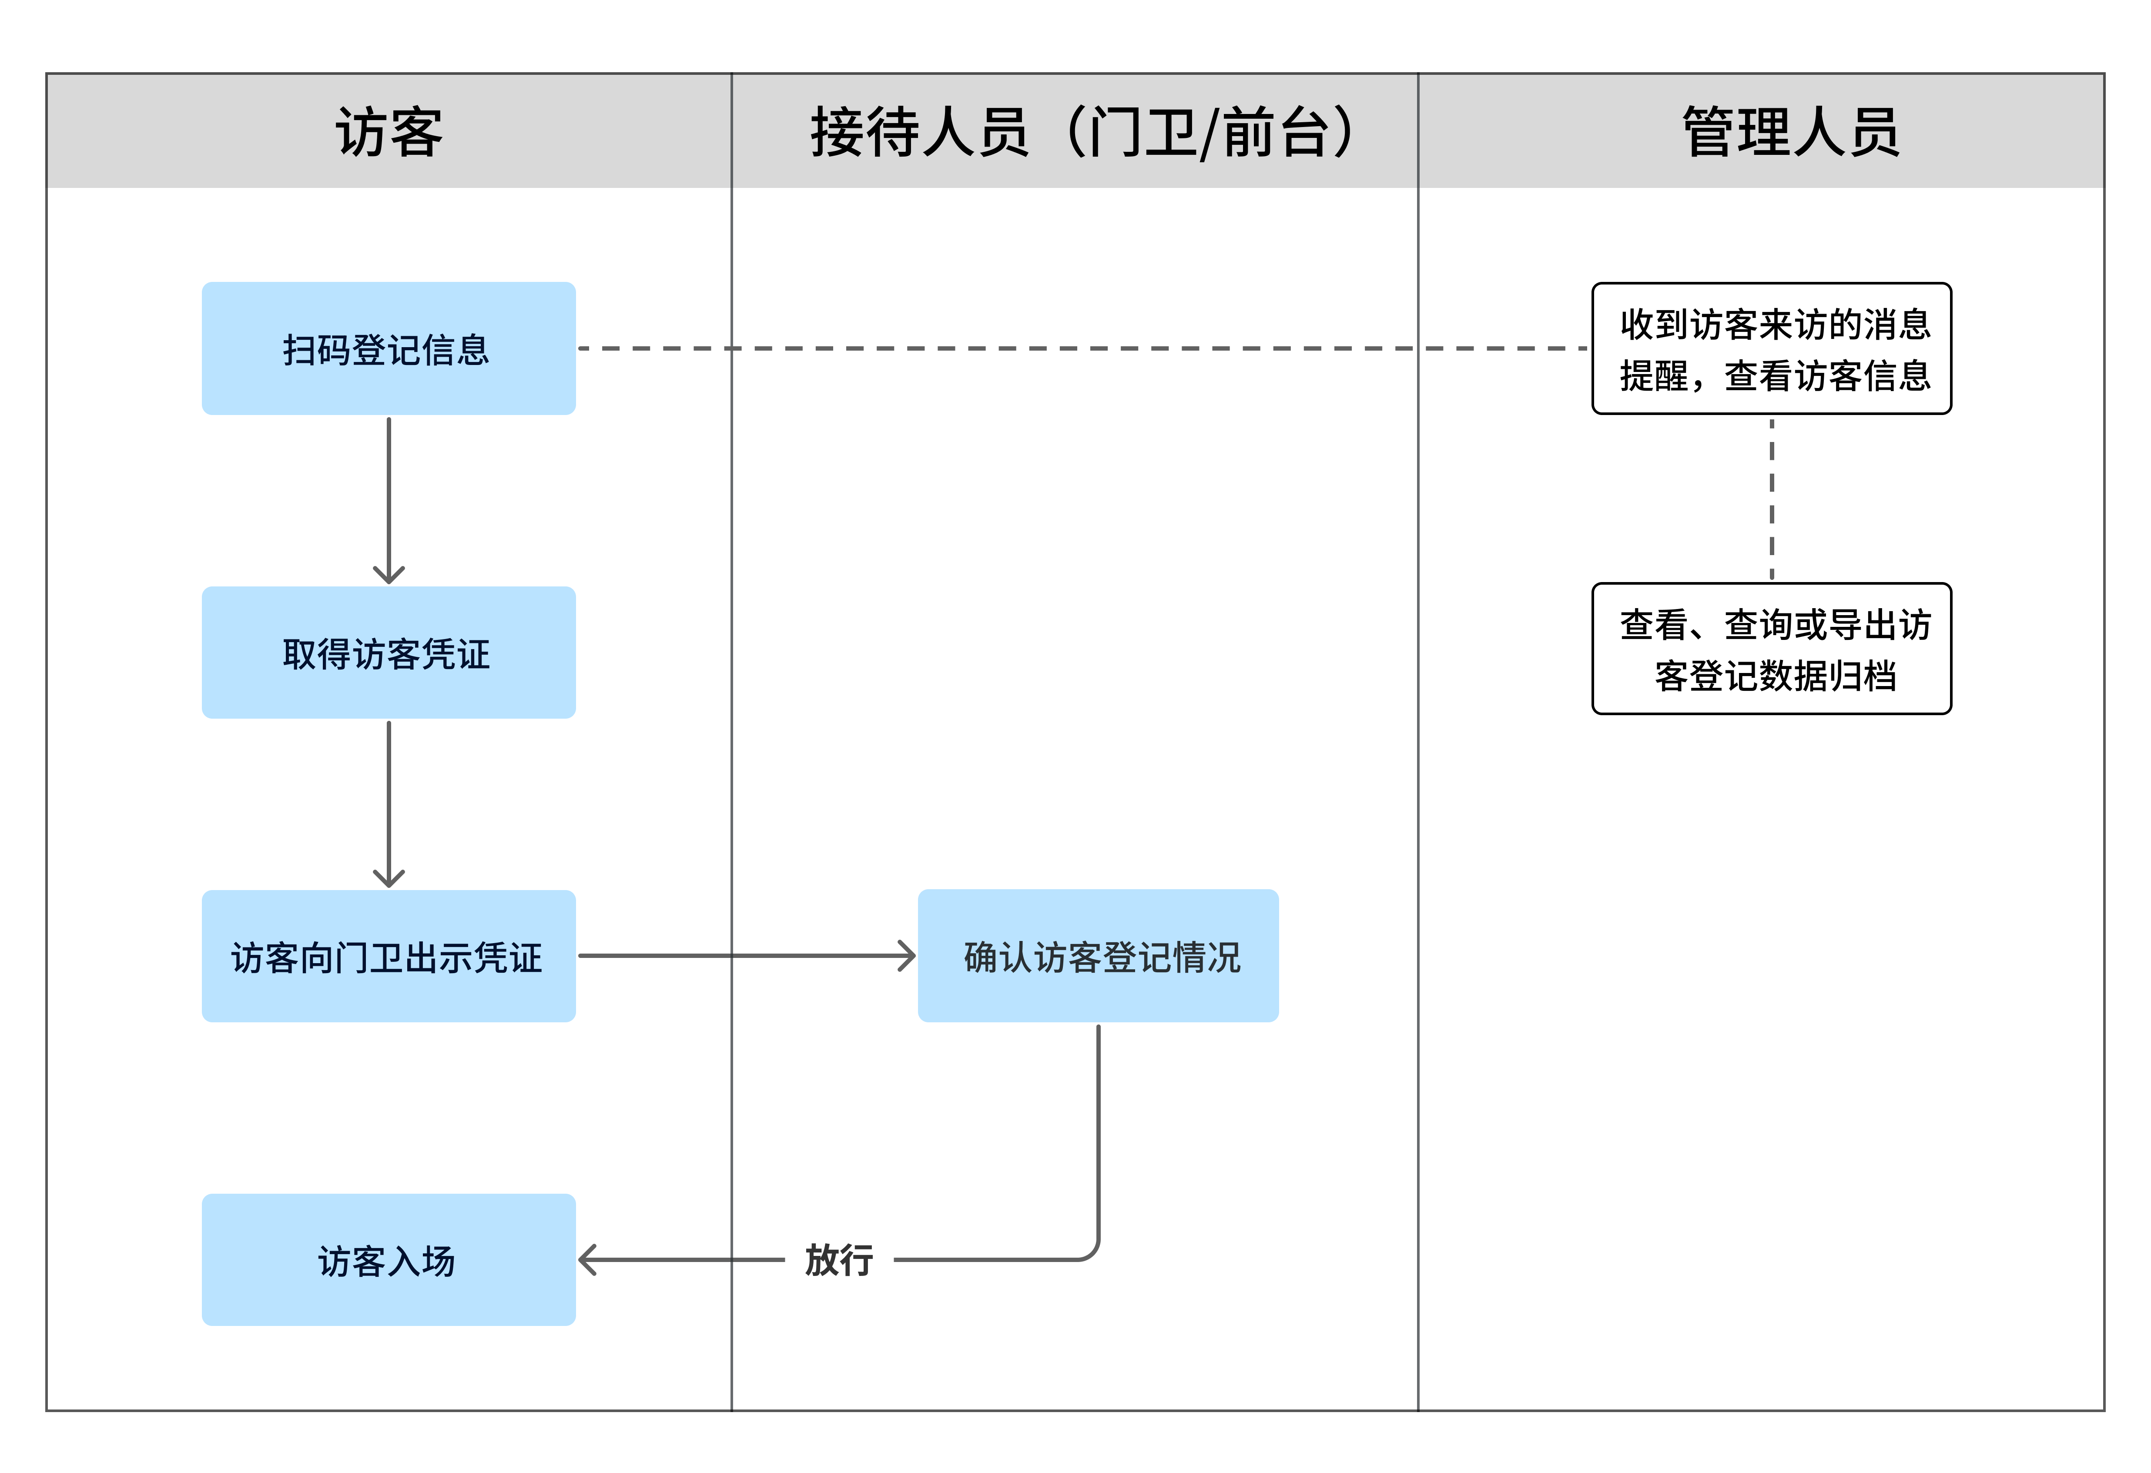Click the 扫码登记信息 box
coord(389,349)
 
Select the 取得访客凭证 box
coord(389,653)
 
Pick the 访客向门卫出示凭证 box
coord(389,957)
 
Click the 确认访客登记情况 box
coord(1099,957)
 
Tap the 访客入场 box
coord(389,1260)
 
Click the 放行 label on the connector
coord(838,1260)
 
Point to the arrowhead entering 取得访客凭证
coord(389,576)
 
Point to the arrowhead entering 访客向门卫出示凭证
coord(389,879)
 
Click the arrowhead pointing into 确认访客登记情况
coord(907,956)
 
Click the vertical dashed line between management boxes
coord(1772,500)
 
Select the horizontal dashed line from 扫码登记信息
coord(1083,349)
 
